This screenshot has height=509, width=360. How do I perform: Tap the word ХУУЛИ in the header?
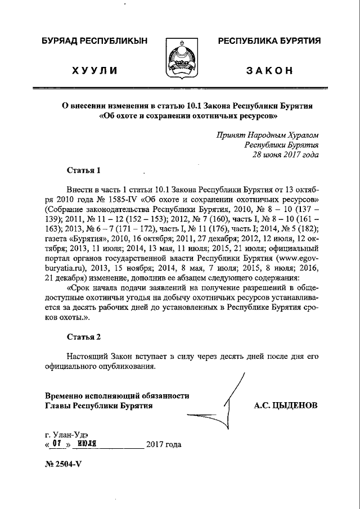[95, 70]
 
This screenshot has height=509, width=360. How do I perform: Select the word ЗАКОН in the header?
[269, 70]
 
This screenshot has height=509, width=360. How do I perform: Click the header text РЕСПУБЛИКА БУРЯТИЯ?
[269, 42]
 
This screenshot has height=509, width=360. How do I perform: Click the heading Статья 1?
[84, 170]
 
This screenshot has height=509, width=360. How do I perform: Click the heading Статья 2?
[84, 337]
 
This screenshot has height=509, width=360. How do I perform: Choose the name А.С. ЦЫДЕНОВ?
[286, 405]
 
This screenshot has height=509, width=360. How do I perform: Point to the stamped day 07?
[56, 444]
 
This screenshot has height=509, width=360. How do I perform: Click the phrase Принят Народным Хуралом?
[268, 135]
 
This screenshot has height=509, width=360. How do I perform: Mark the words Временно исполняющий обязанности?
[117, 395]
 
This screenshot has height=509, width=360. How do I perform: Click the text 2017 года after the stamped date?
[163, 444]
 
